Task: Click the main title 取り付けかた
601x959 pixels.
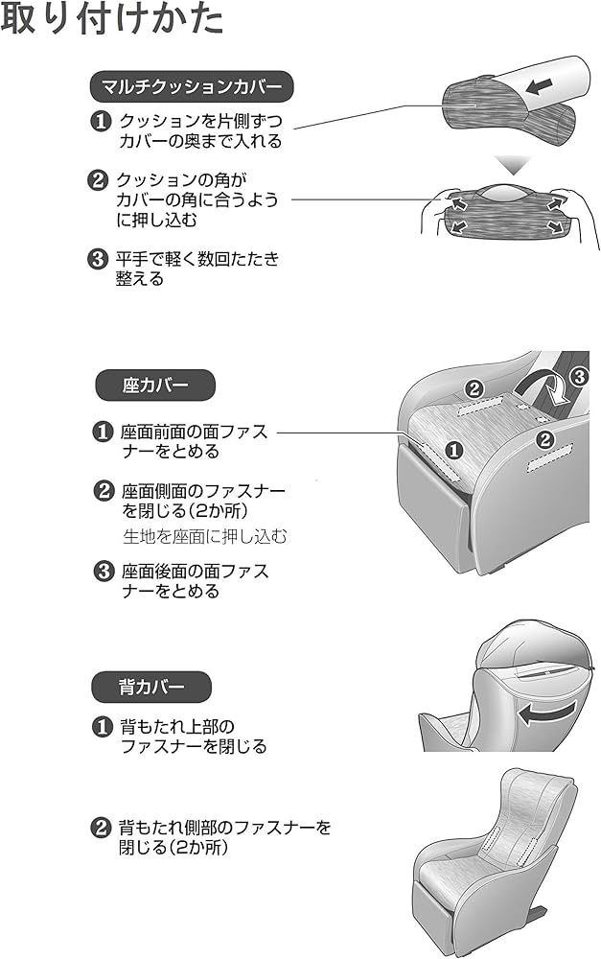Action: click(112, 20)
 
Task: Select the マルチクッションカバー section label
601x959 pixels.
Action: click(191, 87)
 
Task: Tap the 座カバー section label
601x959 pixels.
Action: click(154, 386)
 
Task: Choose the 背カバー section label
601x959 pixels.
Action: click(150, 687)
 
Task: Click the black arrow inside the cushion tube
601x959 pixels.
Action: click(540, 86)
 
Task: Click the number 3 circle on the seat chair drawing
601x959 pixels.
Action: click(577, 376)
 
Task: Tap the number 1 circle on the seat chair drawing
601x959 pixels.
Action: click(454, 448)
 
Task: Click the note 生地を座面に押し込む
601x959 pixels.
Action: click(204, 536)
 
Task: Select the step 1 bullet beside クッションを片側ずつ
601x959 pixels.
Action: click(100, 122)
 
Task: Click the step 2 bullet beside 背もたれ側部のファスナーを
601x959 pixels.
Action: click(100, 828)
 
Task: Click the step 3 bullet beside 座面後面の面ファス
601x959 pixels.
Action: click(104, 572)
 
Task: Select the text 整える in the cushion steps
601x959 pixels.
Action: click(140, 279)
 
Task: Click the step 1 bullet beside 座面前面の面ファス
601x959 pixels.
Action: click(104, 432)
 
